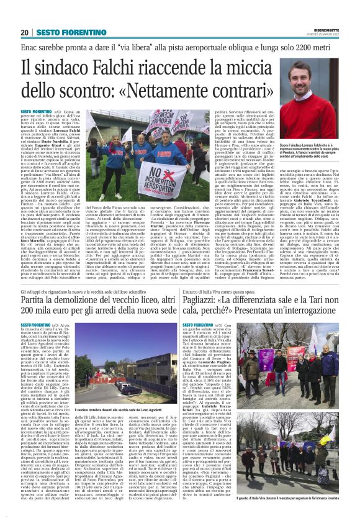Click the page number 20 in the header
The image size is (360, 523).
tap(24, 32)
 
